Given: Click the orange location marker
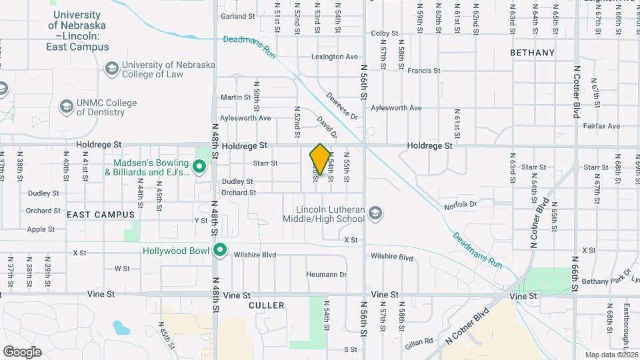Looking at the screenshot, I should coord(320,159).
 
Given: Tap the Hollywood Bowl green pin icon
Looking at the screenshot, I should coord(220,251).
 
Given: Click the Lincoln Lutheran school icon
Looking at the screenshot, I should coord(375,213).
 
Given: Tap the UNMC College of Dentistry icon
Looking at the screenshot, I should coord(66,107).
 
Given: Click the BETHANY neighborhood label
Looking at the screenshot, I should coord(532,52).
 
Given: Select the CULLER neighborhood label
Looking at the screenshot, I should coord(266,305).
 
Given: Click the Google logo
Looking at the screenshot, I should coord(22,352).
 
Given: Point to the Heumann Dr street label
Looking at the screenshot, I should coord(327,274).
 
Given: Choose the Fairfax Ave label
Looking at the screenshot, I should coord(601,125).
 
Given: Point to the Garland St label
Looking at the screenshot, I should coord(238,16).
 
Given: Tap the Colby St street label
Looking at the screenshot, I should coord(384,33).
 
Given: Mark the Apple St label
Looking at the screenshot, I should coord(41,229).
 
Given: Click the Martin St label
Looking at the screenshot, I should coord(235,97).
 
